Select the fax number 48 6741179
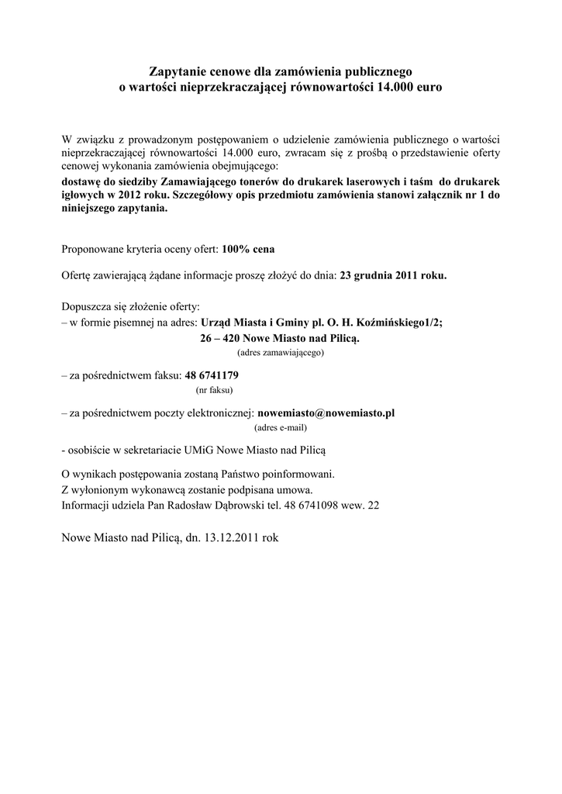(212, 375)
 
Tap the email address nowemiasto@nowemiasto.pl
(326, 413)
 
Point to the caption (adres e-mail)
(281, 427)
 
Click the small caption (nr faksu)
(215, 389)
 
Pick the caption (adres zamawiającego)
(281, 352)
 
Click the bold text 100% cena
(248, 250)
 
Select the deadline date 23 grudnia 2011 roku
(393, 274)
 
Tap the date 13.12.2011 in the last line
(232, 536)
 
